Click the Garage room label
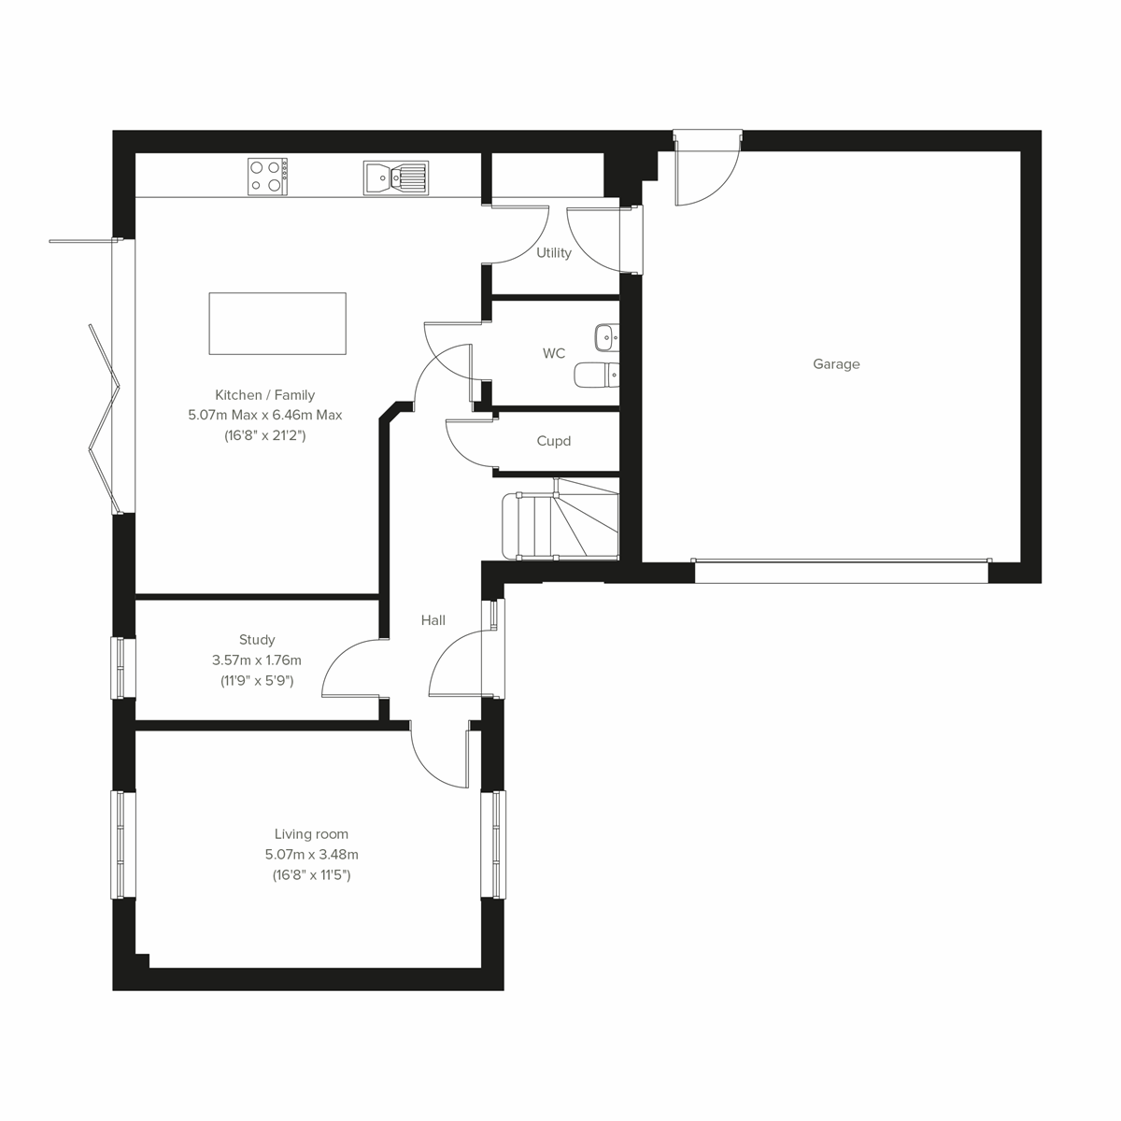(x=835, y=364)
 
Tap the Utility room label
(x=553, y=253)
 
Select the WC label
(x=554, y=354)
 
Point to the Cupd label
(x=553, y=441)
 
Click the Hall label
(x=433, y=620)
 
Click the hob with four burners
(x=267, y=177)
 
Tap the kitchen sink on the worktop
(x=395, y=177)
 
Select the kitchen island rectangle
(x=277, y=323)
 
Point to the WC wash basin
(x=605, y=335)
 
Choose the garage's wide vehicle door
(x=841, y=571)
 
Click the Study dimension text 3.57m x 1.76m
(x=257, y=660)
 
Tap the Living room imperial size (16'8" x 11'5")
(x=311, y=875)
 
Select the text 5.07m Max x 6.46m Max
(x=265, y=415)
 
